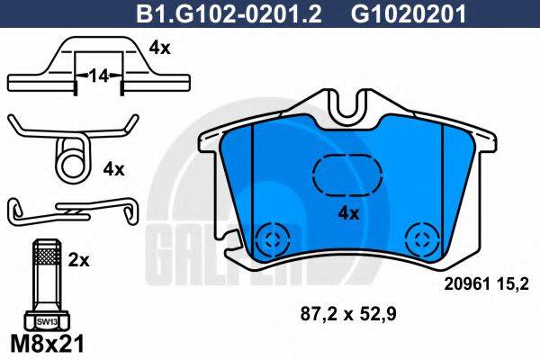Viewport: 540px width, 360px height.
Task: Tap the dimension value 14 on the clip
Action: pos(96,78)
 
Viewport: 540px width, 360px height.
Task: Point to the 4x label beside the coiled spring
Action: pos(115,168)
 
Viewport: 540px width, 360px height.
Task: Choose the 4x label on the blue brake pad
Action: pos(347,213)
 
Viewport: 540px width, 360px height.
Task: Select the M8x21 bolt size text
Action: pos(45,343)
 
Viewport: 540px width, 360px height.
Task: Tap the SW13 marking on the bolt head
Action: pos(44,319)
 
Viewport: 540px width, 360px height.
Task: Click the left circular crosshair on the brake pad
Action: pos(269,239)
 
